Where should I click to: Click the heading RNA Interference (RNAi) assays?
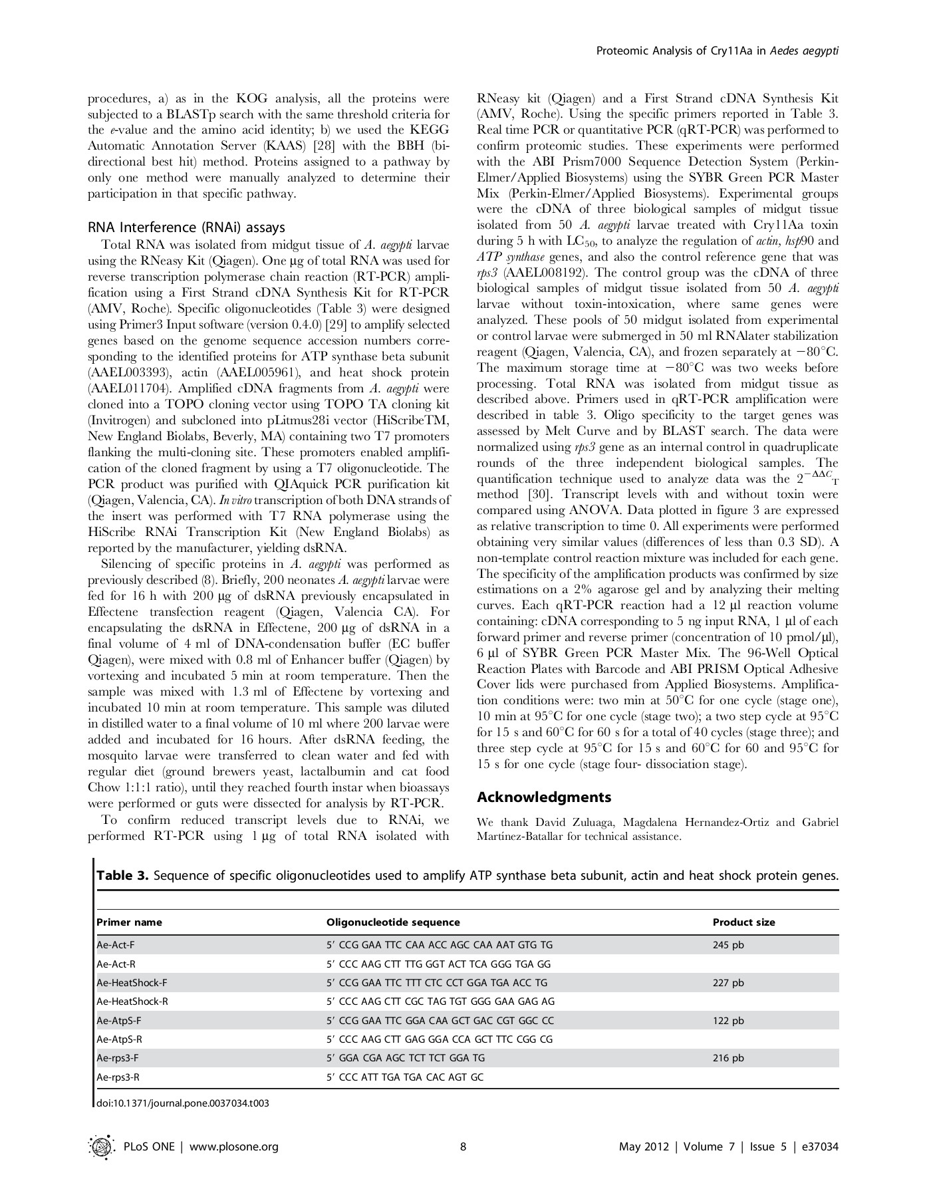tap(187, 227)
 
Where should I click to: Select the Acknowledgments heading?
tap(544, 797)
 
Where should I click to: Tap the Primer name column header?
tap(129, 922)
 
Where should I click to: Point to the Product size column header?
tap(743, 922)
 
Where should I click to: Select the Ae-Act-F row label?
tap(116, 944)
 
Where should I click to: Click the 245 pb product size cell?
tap(728, 944)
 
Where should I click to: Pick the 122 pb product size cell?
tap(728, 1020)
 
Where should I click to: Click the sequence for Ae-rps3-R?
tap(405, 1077)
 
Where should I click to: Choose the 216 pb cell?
tap(728, 1058)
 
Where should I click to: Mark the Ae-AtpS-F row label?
tap(118, 1020)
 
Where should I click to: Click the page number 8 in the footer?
tap(463, 1146)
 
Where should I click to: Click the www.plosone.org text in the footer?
tap(237, 1146)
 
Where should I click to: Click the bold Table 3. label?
tap(122, 875)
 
